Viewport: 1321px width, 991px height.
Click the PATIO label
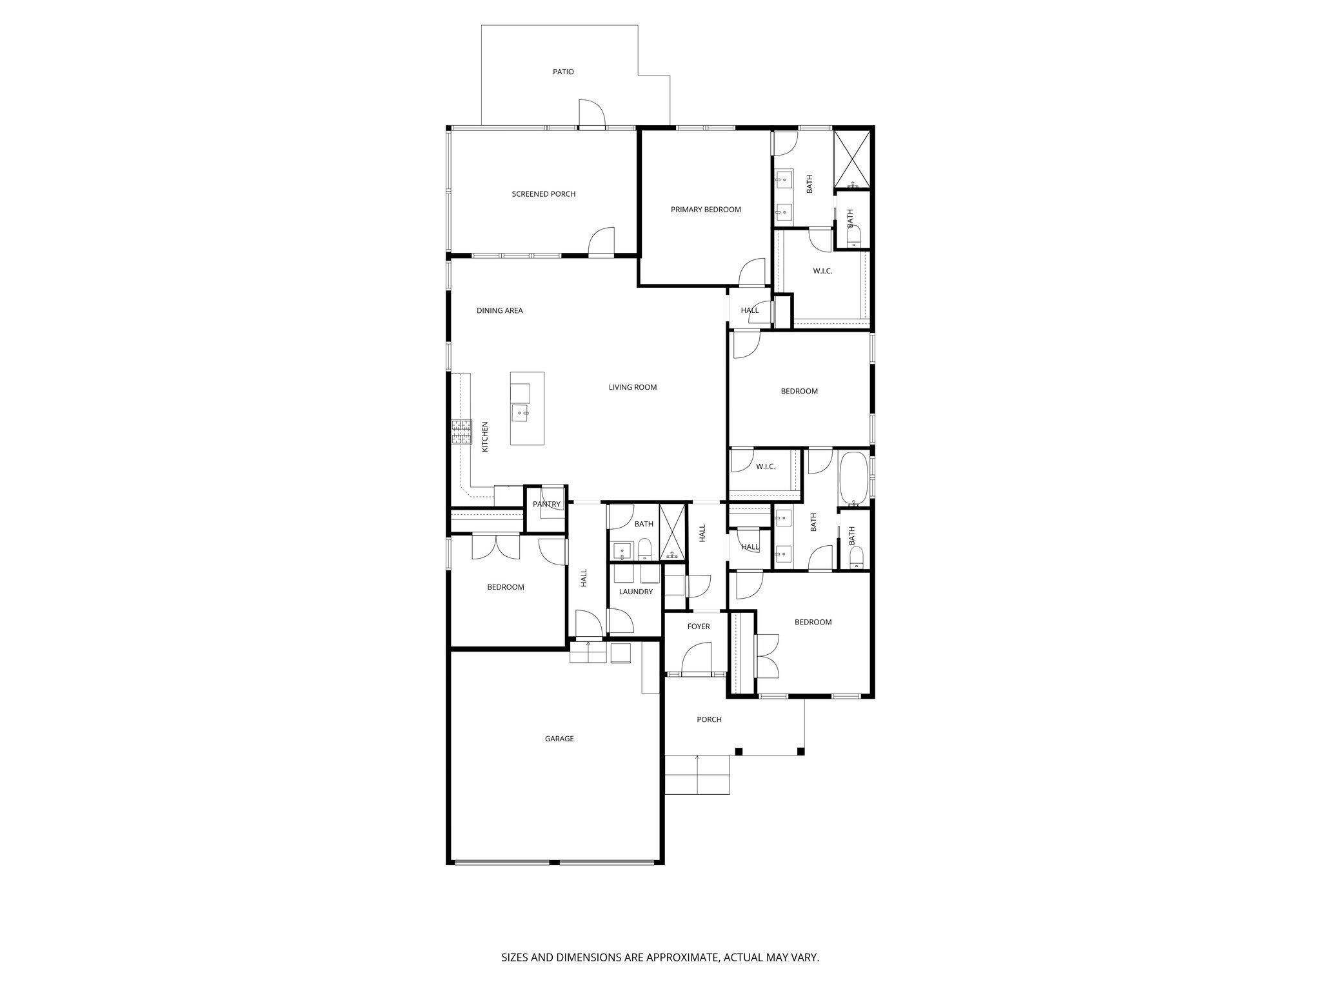point(563,72)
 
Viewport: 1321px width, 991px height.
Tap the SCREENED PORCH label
point(543,194)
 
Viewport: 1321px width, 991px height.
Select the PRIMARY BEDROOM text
point(706,210)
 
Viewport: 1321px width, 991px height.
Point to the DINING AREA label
point(499,310)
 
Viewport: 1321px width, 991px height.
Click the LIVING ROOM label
point(632,387)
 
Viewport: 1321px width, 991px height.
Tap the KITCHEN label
point(485,436)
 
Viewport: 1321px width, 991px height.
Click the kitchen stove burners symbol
point(461,432)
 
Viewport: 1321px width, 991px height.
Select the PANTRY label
point(546,505)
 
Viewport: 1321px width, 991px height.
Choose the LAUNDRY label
point(635,592)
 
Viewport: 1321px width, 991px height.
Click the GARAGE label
point(559,739)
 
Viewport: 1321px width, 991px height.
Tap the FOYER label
point(698,626)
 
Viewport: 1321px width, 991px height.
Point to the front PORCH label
point(709,719)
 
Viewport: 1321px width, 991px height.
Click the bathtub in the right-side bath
point(853,478)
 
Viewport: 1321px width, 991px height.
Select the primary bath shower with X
point(853,157)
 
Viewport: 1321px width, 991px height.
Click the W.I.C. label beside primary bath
point(822,271)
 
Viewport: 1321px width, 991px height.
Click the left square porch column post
point(739,751)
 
